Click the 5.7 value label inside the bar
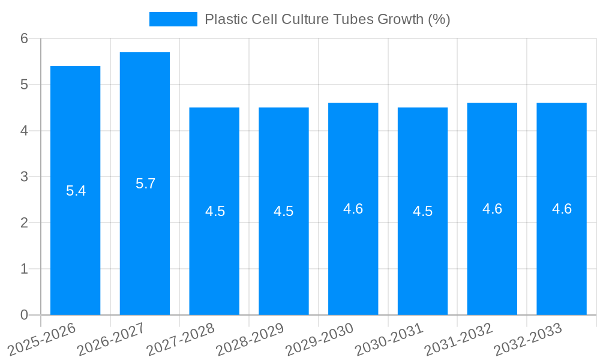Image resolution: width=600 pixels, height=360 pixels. pos(145,184)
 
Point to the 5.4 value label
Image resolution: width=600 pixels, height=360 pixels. pos(76,191)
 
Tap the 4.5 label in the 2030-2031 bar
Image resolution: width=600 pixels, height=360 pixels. pos(422,211)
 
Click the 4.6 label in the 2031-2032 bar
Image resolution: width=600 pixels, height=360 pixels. pos(492,209)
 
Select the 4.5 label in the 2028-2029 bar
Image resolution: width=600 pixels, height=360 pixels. pos(283,211)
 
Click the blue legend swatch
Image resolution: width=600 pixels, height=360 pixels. pos(173,19)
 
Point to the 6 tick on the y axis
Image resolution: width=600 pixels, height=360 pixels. pos(24,38)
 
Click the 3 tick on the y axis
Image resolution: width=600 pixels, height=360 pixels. pos(24,176)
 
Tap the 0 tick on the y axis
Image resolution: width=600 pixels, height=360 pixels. pos(24,315)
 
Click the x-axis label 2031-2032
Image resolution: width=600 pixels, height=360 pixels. pos(458,339)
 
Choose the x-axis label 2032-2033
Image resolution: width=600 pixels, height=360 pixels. pos(527,339)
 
